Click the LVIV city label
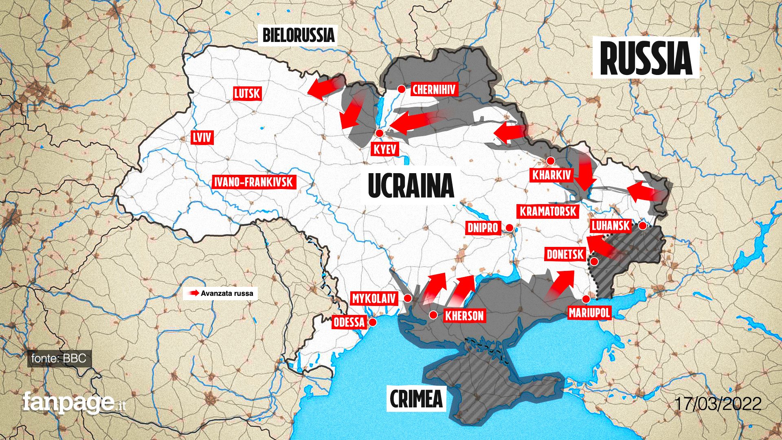(x=202, y=138)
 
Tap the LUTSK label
(x=247, y=94)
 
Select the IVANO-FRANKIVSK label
(x=254, y=182)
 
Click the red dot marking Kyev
(x=380, y=133)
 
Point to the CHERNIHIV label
(x=434, y=90)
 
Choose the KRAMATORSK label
(x=548, y=211)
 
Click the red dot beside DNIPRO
(x=510, y=227)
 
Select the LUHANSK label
(x=611, y=226)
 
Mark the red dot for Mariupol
(x=586, y=299)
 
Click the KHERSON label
(x=464, y=316)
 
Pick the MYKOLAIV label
(x=374, y=299)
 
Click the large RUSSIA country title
(x=646, y=58)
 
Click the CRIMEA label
(x=416, y=398)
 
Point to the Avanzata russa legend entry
(x=220, y=293)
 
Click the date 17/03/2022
(x=718, y=404)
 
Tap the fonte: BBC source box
(x=59, y=359)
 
